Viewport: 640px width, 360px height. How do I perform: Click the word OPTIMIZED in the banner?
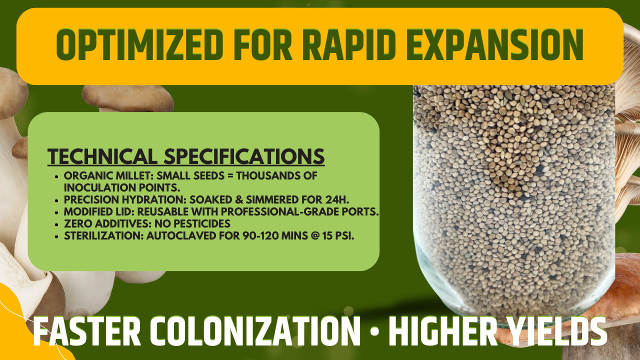pyautogui.click(x=139, y=45)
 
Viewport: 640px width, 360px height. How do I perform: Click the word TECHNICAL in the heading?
pyautogui.click(x=102, y=156)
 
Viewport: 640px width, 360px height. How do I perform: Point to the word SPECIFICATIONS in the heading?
pyautogui.click(x=244, y=156)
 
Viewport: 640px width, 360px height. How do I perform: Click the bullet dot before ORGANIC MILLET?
pyautogui.click(x=56, y=176)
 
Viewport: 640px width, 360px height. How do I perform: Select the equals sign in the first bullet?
pyautogui.click(x=230, y=176)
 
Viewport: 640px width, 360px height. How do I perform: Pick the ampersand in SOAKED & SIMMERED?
pyautogui.click(x=239, y=199)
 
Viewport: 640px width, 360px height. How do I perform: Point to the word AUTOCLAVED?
pyautogui.click(x=181, y=235)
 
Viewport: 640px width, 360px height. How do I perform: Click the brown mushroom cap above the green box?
pyautogui.click(x=127, y=97)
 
